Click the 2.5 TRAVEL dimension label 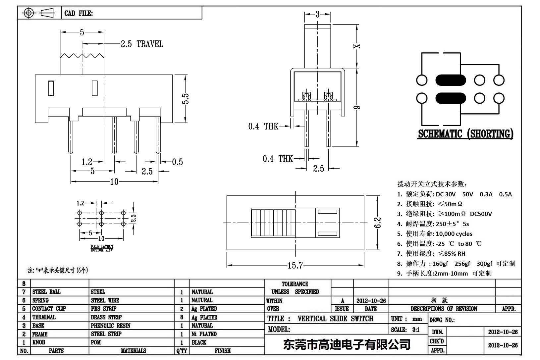[x=142, y=44]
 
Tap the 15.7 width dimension [x=295, y=265]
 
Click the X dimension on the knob [x=357, y=46]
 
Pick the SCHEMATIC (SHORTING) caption [x=465, y=134]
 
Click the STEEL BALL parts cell [x=46, y=292]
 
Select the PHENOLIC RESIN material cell [x=111, y=326]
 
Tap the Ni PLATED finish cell [x=204, y=334]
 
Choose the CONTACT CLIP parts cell [x=49, y=309]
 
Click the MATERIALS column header [x=134, y=351]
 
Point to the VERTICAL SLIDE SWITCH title [x=335, y=319]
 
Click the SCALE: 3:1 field [x=405, y=330]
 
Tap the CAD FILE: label [x=79, y=13]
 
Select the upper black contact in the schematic [x=451, y=80]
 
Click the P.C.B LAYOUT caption [x=102, y=248]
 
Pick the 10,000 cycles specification [x=454, y=234]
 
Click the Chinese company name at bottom [x=347, y=344]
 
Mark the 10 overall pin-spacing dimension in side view [x=114, y=182]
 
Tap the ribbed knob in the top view [x=273, y=223]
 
